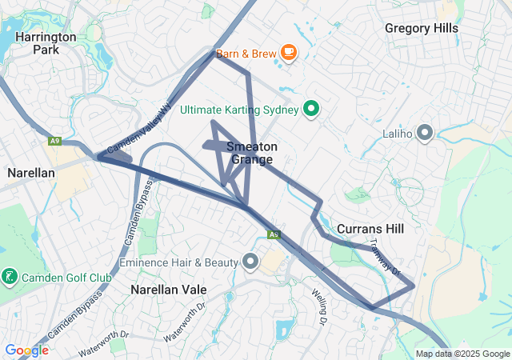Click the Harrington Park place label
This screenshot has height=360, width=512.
[45, 43]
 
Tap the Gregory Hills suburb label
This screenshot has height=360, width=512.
[421, 28]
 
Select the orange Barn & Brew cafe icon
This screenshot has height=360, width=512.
[288, 54]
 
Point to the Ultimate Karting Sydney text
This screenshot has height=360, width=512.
[239, 110]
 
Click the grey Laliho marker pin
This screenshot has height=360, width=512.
[425, 133]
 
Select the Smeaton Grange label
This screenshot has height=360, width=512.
[252, 153]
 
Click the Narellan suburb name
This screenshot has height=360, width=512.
[30, 172]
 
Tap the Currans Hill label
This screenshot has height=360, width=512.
[370, 229]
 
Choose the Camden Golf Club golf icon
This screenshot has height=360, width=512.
[10, 277]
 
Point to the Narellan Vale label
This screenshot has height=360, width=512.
[169, 289]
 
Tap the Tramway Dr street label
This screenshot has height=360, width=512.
[386, 258]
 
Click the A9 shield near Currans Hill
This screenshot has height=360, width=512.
[274, 234]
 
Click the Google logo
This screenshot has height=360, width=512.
[26, 350]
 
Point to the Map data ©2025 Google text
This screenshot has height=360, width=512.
[463, 354]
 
